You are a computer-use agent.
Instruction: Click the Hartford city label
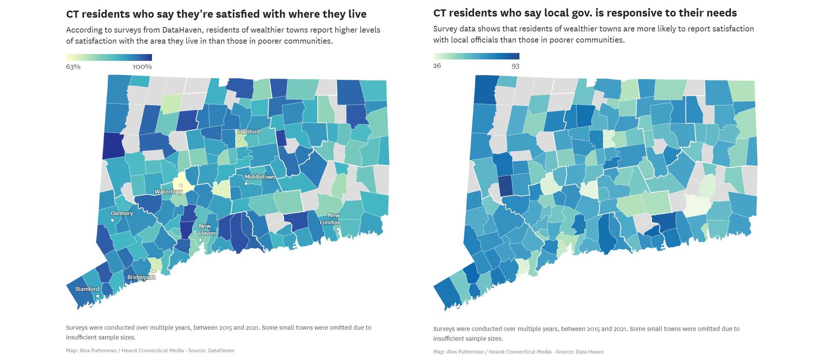pyautogui.click(x=249, y=132)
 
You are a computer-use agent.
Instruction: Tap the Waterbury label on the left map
pyautogui.click(x=168, y=192)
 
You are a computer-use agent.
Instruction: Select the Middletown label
pyautogui.click(x=260, y=177)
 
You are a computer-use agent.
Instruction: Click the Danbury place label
pyautogui.click(x=122, y=213)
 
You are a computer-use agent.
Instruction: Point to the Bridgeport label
pyautogui.click(x=141, y=277)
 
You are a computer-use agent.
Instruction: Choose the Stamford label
pyautogui.click(x=87, y=289)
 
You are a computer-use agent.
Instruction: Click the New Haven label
pyautogui.click(x=206, y=229)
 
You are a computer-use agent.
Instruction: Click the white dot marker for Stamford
pyautogui.click(x=97, y=296)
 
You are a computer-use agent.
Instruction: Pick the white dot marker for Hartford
pyautogui.click(x=239, y=139)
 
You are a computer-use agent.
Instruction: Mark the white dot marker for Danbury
pyautogui.click(x=112, y=221)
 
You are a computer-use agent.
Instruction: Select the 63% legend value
pyautogui.click(x=73, y=67)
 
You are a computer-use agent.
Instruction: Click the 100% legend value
pyautogui.click(x=142, y=67)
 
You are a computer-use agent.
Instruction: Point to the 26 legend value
pyautogui.click(x=437, y=66)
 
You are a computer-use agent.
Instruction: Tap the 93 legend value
pyautogui.click(x=515, y=66)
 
